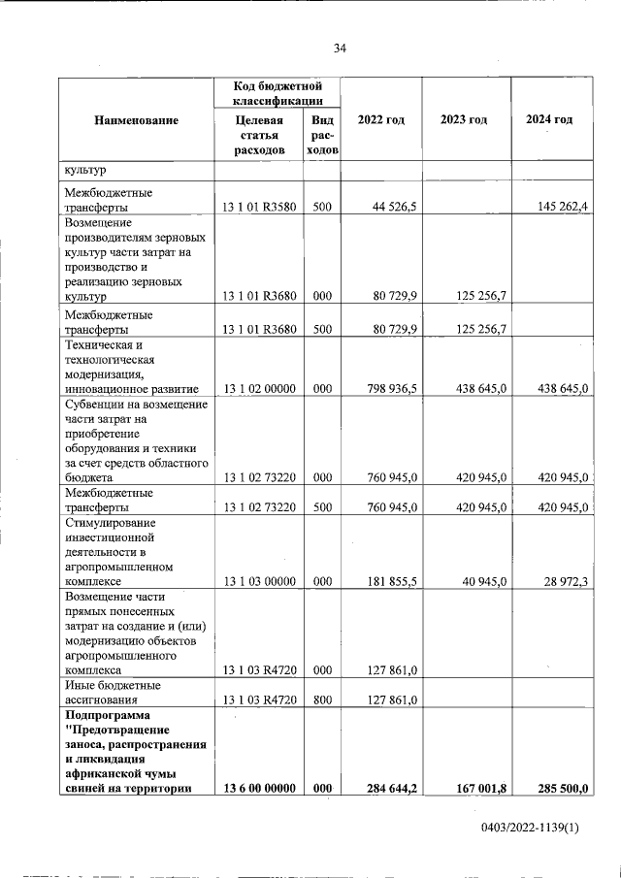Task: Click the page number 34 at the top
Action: [x=340, y=49]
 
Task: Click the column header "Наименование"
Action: [x=137, y=119]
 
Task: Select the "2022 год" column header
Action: [x=381, y=119]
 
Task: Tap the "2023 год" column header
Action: [x=464, y=119]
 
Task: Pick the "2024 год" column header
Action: [x=548, y=119]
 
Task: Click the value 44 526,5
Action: [x=394, y=206]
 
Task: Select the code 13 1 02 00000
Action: [x=258, y=389]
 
